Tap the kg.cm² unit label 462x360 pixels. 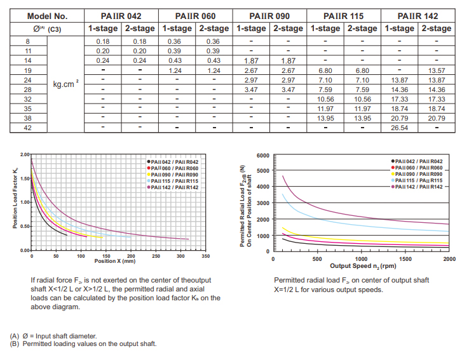pos(65,83)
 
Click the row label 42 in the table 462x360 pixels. pos(28,128)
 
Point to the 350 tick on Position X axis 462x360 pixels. pos(206,256)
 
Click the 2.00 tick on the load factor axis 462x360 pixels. pos(24,154)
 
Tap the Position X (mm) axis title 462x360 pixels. pos(114,261)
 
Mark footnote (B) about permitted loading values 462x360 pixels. pos(83,343)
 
